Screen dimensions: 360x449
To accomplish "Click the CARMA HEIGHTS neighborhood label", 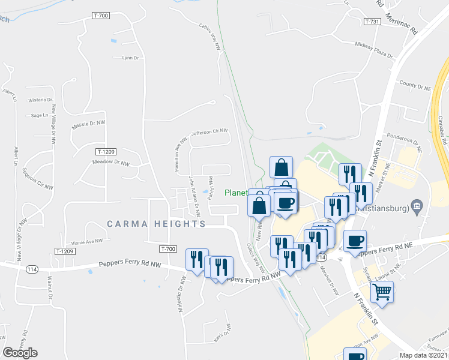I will click(156, 224).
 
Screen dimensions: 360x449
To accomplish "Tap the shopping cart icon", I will click(381, 292).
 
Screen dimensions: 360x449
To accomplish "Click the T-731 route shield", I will click(372, 21).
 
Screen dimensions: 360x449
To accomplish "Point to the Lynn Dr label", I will click(130, 58).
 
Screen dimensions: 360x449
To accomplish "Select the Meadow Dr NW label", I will click(110, 163).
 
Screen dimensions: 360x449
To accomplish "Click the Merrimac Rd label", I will click(402, 24).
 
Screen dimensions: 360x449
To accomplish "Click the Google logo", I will click(20, 352).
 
